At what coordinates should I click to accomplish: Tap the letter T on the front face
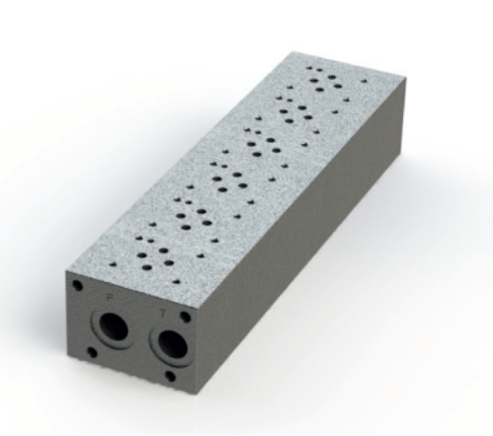(x=164, y=313)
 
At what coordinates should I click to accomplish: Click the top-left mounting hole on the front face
(x=77, y=286)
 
